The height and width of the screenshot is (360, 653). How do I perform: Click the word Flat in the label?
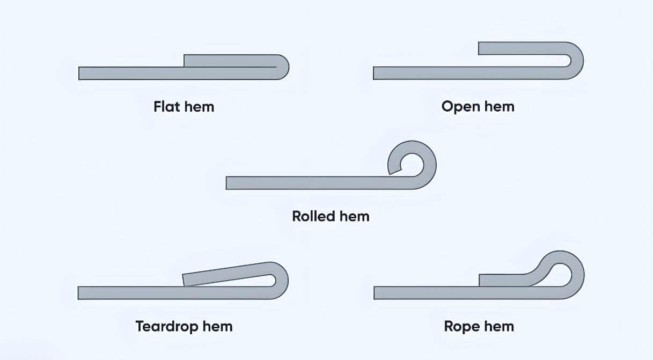[167, 106]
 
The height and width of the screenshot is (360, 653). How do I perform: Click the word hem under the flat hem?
[199, 106]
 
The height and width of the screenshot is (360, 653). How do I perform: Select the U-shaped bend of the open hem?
[577, 61]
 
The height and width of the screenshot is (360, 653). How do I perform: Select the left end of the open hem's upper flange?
[481, 48]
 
